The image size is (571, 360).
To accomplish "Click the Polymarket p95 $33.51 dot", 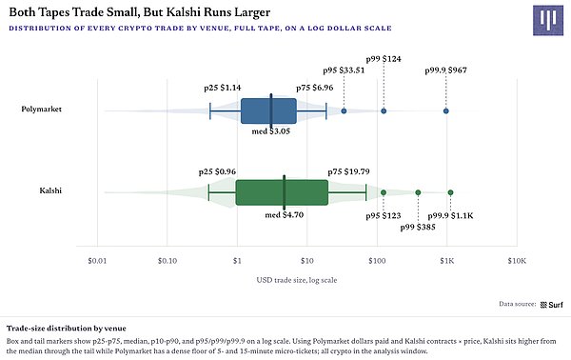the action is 344,111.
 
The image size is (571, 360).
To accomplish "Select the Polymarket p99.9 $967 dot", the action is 445,111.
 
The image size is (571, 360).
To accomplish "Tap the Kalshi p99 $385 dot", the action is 418,192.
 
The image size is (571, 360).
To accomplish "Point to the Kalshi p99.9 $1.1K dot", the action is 450,192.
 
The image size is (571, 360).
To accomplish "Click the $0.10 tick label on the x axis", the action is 167,261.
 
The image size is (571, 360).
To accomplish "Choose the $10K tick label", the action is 517,261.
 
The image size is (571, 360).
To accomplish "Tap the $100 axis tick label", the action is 377,261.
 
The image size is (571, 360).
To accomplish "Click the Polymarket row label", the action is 41,109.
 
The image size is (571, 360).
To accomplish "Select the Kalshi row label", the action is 50,190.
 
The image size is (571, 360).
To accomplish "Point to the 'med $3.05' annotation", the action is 271,131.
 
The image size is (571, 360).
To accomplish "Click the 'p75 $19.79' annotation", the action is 348,171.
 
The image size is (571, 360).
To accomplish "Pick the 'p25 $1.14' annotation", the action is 222,88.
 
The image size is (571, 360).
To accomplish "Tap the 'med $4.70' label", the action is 284,215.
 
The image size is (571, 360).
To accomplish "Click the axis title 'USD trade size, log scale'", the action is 297,280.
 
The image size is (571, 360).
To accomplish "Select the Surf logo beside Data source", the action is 552,305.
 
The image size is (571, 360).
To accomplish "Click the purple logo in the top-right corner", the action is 548,20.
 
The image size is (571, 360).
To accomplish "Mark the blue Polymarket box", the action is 268,110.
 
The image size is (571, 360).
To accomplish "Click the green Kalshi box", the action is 282,192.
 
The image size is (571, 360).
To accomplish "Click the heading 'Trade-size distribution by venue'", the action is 67,329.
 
